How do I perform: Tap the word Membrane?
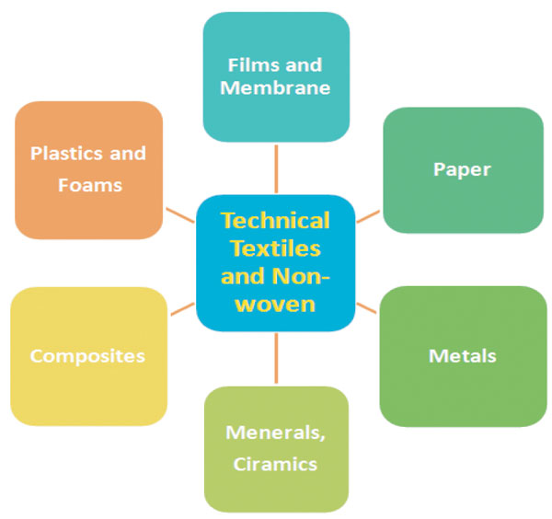click(x=276, y=89)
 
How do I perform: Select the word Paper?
click(x=462, y=169)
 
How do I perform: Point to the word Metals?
click(x=463, y=355)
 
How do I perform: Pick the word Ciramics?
click(x=276, y=463)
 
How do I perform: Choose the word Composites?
click(x=87, y=355)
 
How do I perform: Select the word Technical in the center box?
click(x=275, y=221)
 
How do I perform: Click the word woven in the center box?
click(x=275, y=303)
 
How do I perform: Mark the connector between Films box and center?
click(x=276, y=168)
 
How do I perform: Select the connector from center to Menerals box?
click(x=276, y=359)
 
